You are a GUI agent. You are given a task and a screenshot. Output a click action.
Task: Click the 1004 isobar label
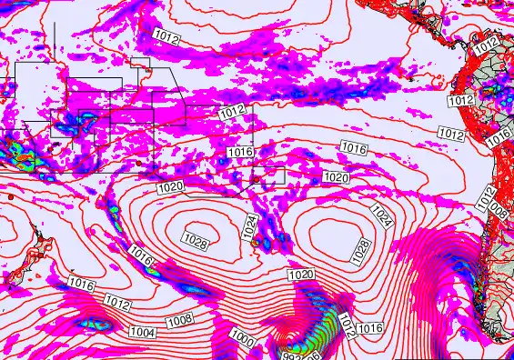(x=143, y=334)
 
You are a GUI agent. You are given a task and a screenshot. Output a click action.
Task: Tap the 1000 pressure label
(x=242, y=338)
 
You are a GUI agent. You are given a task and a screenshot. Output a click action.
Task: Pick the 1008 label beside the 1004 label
(x=179, y=320)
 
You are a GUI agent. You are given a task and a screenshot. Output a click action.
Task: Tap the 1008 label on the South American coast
(x=498, y=211)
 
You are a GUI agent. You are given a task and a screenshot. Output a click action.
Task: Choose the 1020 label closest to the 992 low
(x=301, y=275)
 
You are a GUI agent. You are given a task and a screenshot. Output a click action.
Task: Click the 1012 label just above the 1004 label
(x=116, y=302)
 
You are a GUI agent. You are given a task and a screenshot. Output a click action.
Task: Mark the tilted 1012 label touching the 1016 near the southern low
(x=345, y=323)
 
